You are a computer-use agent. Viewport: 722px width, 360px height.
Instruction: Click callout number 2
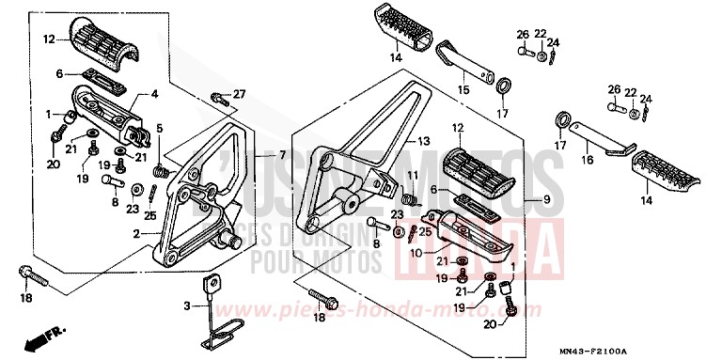[138, 232]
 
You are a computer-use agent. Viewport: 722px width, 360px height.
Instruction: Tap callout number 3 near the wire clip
[186, 306]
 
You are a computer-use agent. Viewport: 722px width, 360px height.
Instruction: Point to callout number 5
[160, 129]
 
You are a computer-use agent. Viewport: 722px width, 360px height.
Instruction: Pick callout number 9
[544, 200]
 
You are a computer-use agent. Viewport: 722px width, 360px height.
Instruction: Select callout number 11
[410, 177]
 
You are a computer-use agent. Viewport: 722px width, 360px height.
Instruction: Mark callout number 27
[239, 93]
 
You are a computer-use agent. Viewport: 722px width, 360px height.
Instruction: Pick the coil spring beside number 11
[408, 198]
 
